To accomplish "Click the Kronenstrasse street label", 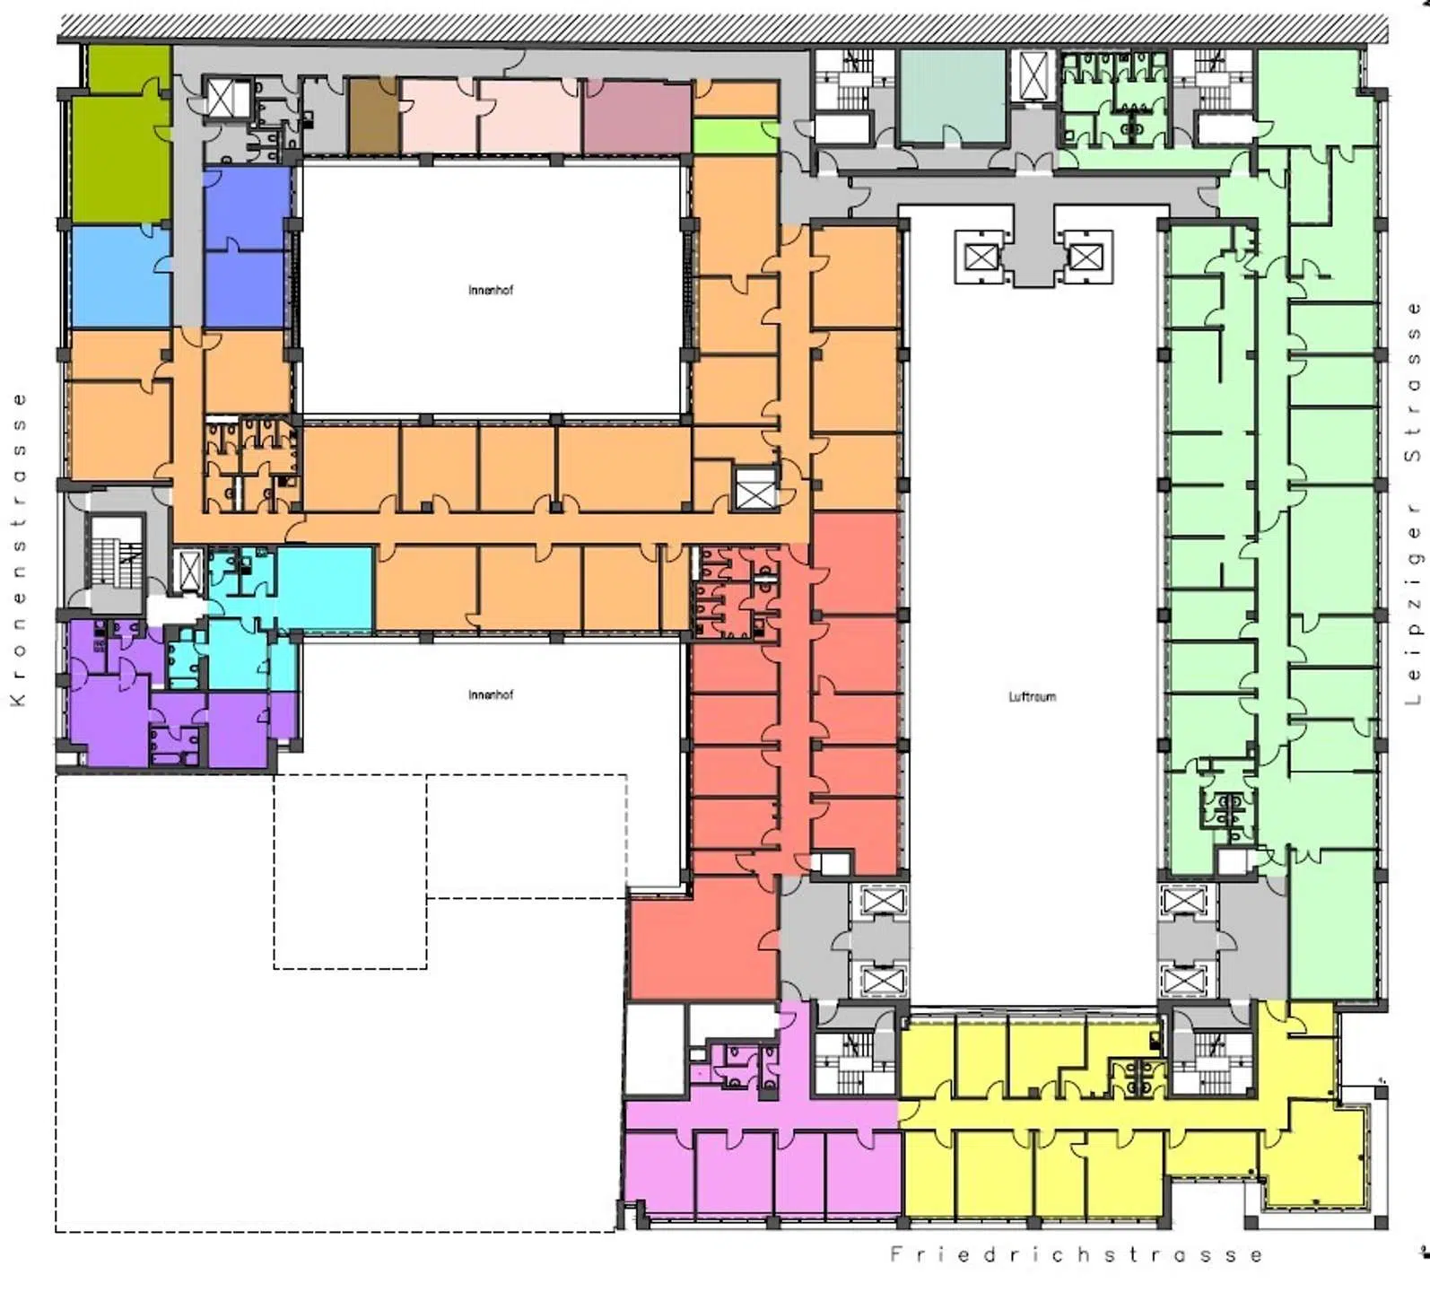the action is [x=18, y=549].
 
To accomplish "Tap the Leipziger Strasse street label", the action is [x=1414, y=503].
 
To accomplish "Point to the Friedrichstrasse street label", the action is [x=1077, y=1254].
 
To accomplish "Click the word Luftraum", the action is [x=1032, y=696].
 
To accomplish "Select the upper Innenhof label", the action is [x=491, y=290].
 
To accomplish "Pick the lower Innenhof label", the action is [x=491, y=694].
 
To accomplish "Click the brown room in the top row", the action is [x=373, y=117].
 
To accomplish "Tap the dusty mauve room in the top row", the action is [x=637, y=118].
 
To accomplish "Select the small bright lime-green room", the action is [x=735, y=136].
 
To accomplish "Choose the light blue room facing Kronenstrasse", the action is [x=119, y=276].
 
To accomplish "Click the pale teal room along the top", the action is [x=953, y=96].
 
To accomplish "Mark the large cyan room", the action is [x=325, y=589].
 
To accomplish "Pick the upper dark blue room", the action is [x=247, y=207].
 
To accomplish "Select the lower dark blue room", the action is [x=247, y=289].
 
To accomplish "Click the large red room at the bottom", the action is [x=703, y=938].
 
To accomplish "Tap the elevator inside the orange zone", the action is [x=755, y=490].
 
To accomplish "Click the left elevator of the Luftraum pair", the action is [x=981, y=258].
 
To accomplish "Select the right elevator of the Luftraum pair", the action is [x=1086, y=258].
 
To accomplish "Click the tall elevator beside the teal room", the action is [x=1033, y=74].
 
